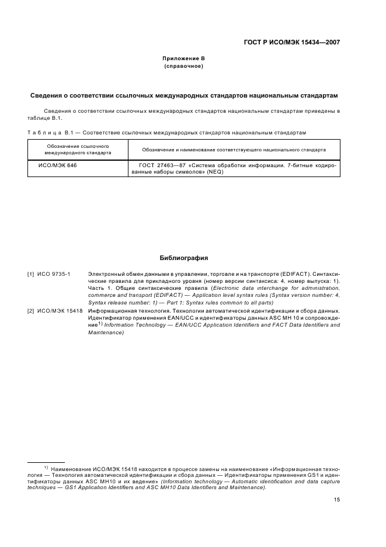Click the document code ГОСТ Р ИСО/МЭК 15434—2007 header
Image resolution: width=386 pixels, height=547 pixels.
[x=291, y=42]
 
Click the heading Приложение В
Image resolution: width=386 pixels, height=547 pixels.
[x=183, y=58]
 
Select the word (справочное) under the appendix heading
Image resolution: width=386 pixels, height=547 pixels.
[x=183, y=66]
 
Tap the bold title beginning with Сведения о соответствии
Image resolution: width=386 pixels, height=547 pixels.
[x=183, y=95]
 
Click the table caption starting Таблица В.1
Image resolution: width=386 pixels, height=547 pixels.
[x=166, y=133]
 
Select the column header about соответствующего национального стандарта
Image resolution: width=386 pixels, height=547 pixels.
[x=234, y=150]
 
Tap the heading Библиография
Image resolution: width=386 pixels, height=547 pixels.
[x=183, y=258]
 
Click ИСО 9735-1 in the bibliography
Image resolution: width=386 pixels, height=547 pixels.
[x=54, y=273]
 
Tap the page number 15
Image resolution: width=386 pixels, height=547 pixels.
[x=336, y=500]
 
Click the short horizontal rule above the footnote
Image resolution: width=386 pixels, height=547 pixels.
[x=46, y=462]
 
